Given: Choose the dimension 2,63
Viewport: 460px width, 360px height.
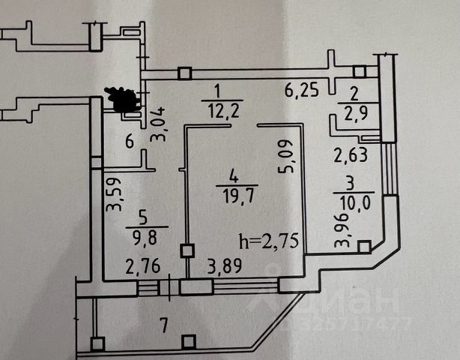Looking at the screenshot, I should click(347, 156).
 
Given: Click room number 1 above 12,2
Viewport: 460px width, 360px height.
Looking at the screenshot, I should click(217, 92).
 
